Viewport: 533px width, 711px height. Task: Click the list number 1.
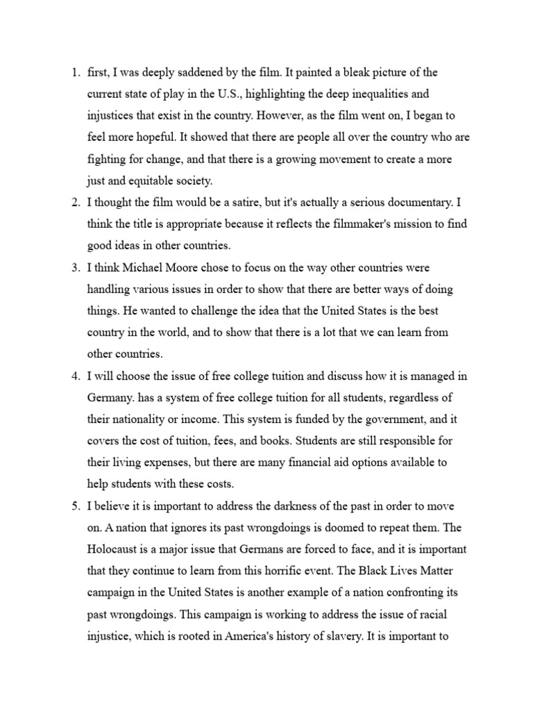[x=75, y=72]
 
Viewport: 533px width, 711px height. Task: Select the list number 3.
[x=75, y=267]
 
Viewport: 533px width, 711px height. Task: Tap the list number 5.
[x=75, y=506]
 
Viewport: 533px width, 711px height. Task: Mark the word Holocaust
[x=113, y=549]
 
